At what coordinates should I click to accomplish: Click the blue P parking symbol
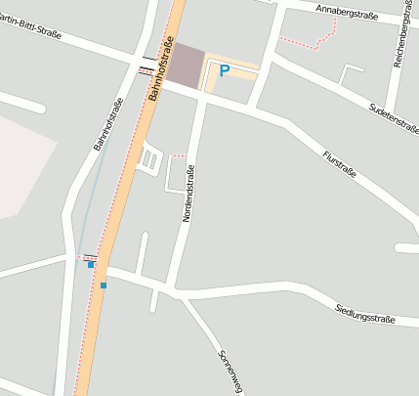tap(224, 70)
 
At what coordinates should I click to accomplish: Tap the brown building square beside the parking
tap(187, 64)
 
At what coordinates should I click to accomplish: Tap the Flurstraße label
tap(341, 166)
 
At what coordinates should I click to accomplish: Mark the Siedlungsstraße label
tap(365, 313)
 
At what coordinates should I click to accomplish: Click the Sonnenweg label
tap(230, 372)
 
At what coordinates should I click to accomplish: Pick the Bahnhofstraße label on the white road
tap(107, 124)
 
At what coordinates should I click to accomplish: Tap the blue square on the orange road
tap(103, 285)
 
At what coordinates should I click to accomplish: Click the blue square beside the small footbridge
tap(91, 264)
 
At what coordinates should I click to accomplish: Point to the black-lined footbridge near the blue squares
tap(90, 256)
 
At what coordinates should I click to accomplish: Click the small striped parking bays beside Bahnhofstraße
tap(149, 158)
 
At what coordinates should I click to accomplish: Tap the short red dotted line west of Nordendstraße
tap(178, 154)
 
